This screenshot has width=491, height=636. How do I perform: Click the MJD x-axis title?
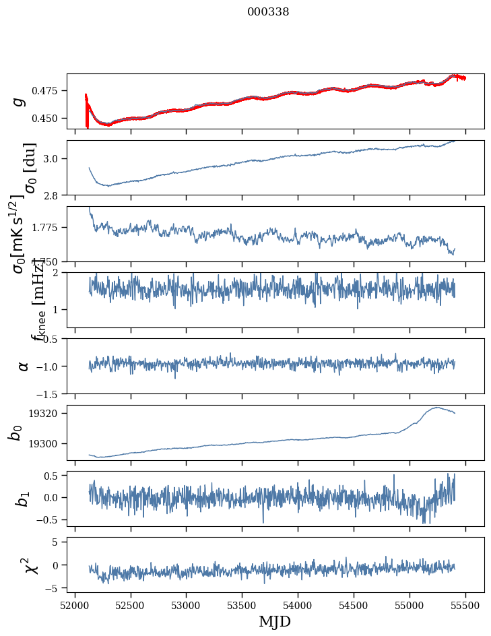coord(275,622)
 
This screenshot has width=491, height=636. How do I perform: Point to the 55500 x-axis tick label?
coord(466,606)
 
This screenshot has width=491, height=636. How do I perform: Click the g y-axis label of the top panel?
coord(20,101)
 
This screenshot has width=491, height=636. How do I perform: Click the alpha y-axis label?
coord(23,366)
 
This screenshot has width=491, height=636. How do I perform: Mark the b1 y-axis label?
coord(23,499)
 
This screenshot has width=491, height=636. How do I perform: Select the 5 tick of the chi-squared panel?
coord(59,542)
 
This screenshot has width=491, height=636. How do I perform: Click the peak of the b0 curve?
coord(437,407)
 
